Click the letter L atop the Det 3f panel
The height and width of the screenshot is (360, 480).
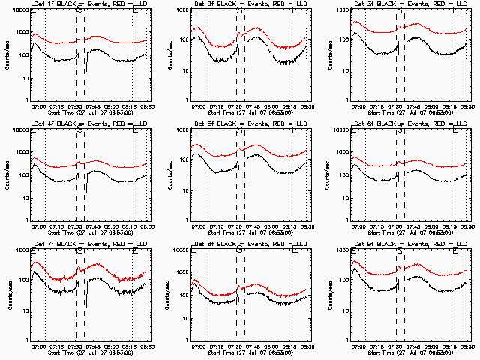(453, 12)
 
